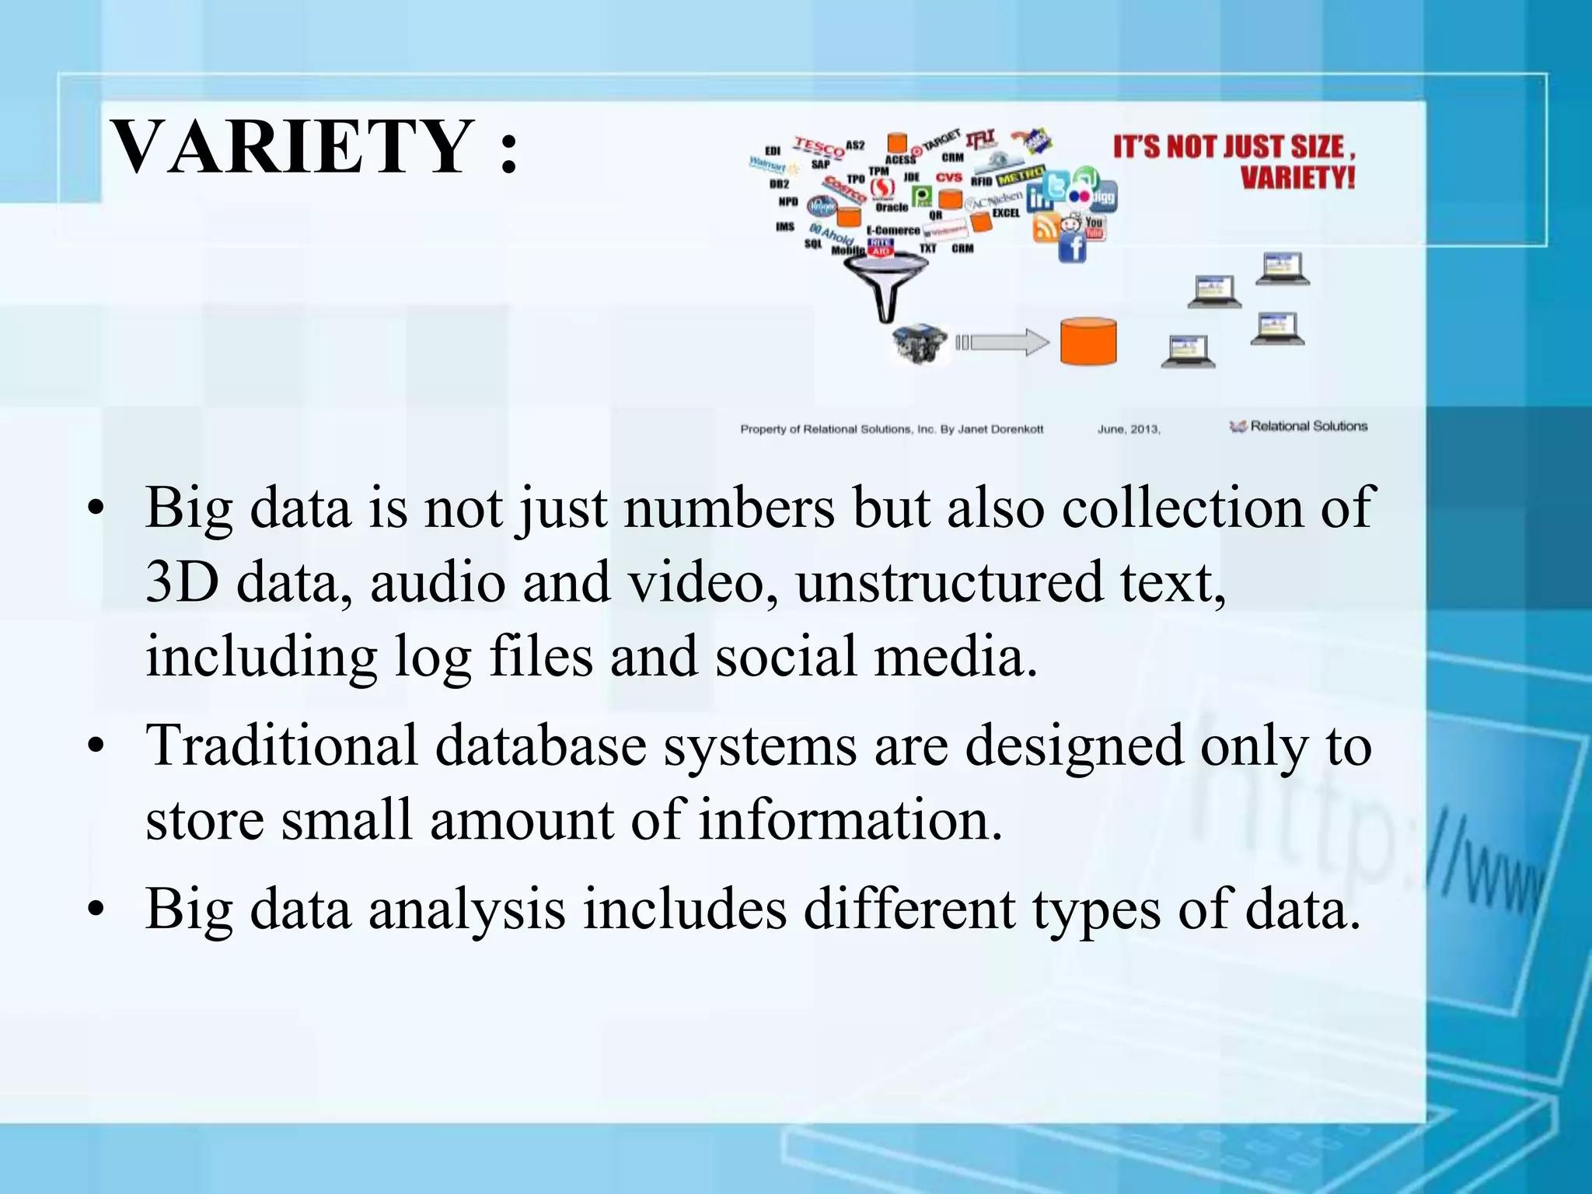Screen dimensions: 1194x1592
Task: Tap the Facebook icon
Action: click(1073, 249)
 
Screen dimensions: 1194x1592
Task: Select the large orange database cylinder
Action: click(1088, 341)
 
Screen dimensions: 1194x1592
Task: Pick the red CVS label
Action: click(948, 177)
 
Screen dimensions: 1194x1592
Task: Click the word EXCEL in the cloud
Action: click(1006, 213)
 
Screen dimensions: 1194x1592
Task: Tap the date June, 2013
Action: click(1129, 429)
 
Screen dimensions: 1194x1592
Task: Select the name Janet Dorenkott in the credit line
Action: click(1000, 429)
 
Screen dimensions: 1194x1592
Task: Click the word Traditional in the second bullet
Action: click(282, 745)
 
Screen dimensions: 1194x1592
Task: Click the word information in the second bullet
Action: click(850, 820)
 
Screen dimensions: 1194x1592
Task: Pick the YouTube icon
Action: click(1094, 226)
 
